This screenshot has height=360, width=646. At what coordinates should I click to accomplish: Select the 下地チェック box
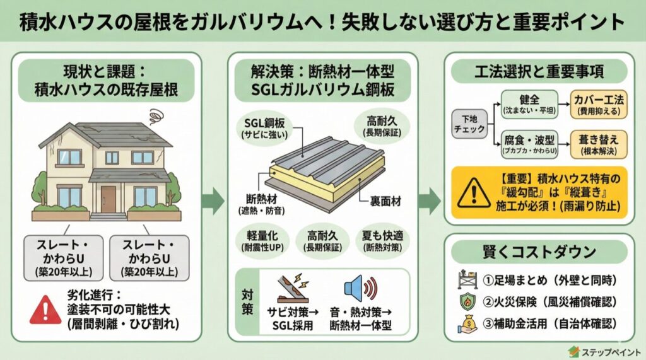pyautogui.click(x=469, y=123)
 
